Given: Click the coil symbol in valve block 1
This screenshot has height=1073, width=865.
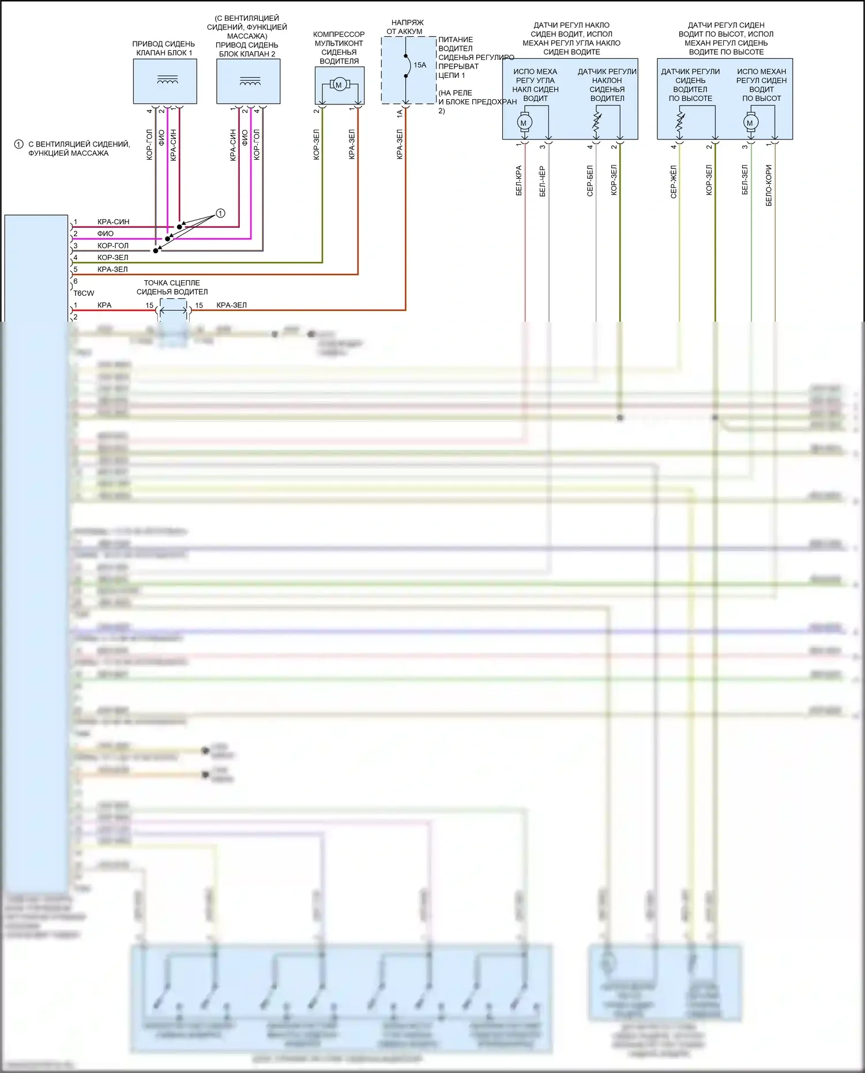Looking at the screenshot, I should [167, 80].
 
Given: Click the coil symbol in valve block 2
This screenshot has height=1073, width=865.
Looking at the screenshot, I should [250, 81].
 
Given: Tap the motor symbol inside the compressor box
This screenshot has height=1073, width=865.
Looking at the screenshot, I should [339, 85].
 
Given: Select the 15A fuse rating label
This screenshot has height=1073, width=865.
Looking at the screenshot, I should [420, 65].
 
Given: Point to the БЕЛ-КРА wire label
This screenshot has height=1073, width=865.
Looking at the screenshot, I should [519, 180].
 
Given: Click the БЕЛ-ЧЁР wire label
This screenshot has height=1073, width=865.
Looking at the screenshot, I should [543, 181].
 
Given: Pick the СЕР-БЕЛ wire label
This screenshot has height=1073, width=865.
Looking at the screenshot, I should [590, 180].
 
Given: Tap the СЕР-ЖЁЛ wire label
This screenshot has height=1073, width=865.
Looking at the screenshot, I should [674, 182].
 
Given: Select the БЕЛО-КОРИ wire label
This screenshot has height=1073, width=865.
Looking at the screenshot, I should [769, 185].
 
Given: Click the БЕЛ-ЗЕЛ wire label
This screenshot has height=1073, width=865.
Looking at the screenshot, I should [745, 179].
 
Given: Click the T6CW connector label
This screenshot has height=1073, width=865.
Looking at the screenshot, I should [84, 293].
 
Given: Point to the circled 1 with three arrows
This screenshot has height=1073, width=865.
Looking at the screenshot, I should [220, 213].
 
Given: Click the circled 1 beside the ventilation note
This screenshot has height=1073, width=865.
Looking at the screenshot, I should [18, 144].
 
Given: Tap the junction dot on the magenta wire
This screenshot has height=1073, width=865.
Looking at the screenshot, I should [168, 239].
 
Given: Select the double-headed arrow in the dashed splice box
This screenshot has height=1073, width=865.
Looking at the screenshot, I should [174, 311].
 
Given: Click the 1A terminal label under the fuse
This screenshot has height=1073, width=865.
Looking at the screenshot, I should [400, 114].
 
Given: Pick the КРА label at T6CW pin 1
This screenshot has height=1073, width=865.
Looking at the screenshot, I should [104, 305].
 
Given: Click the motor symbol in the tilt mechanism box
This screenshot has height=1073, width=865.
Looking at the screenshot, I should [524, 123].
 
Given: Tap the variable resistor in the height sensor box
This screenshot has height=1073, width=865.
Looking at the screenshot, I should [680, 122].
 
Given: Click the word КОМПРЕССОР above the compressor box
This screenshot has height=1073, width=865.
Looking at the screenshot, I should [339, 35].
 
